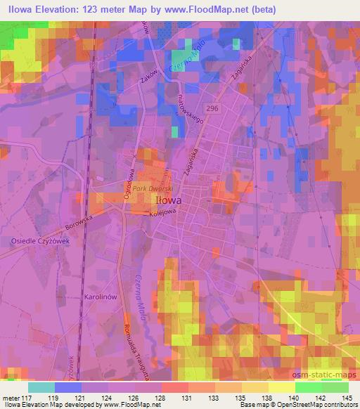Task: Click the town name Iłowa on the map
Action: pyautogui.click(x=166, y=200)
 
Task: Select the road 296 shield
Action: pyautogui.click(x=213, y=106)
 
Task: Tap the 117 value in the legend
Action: pyautogui.click(x=18, y=398)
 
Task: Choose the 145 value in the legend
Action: pyautogui.click(x=347, y=398)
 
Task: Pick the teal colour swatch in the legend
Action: pyautogui.click(x=41, y=387)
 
